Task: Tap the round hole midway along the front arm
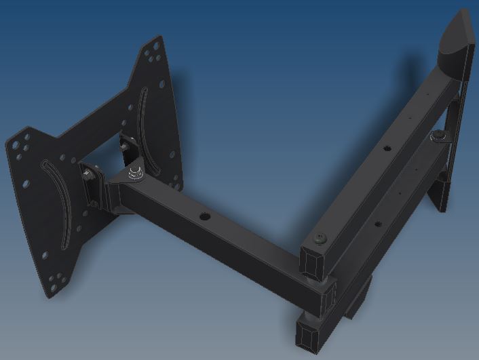pyautogui.click(x=202, y=218)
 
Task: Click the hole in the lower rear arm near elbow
pyautogui.click(x=376, y=226)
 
